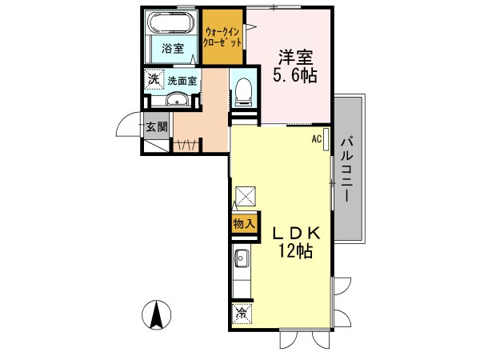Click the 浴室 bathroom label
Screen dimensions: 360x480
click(x=172, y=48)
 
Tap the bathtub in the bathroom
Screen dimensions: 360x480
click(x=171, y=22)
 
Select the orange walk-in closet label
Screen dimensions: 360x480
click(x=222, y=38)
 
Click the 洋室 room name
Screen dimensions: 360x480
click(x=294, y=57)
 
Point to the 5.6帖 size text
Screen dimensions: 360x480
click(x=294, y=78)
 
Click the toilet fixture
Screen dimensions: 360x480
click(x=245, y=93)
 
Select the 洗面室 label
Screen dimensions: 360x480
click(x=182, y=81)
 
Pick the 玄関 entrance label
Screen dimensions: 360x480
click(x=157, y=126)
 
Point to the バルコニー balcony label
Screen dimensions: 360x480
click(x=346, y=169)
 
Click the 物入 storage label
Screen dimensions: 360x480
click(x=244, y=224)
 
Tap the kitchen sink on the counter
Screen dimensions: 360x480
click(x=242, y=258)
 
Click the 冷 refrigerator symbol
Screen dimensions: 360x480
click(x=242, y=314)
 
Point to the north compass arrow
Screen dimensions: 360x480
click(x=157, y=314)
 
